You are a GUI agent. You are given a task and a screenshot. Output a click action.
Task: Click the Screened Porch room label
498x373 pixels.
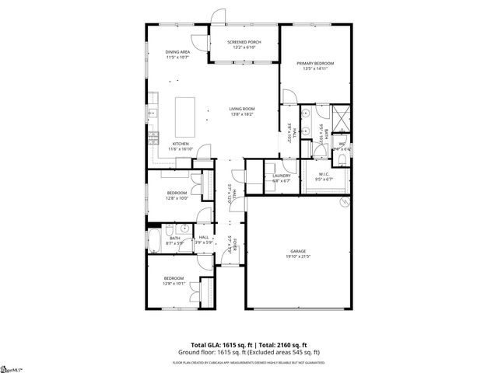point(244,42)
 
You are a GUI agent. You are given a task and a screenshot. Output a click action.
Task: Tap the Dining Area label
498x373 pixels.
point(177,52)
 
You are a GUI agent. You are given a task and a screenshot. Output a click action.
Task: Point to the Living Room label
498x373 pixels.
point(242,108)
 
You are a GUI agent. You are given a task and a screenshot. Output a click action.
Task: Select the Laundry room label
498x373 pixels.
point(281,176)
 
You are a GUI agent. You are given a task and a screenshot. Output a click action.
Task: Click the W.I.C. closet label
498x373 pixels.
point(322,174)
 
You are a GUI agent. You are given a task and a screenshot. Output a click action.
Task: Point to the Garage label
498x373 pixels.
point(297,250)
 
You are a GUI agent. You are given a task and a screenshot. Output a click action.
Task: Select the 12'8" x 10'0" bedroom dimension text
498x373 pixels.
point(176,197)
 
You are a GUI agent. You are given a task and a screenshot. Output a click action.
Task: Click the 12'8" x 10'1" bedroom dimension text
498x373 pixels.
point(174,283)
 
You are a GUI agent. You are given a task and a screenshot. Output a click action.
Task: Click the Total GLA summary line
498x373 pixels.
point(249,343)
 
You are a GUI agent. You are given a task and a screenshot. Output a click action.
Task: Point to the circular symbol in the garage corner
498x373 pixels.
point(345,203)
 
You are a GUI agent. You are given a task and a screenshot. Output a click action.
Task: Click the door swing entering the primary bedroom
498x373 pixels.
point(289,96)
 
